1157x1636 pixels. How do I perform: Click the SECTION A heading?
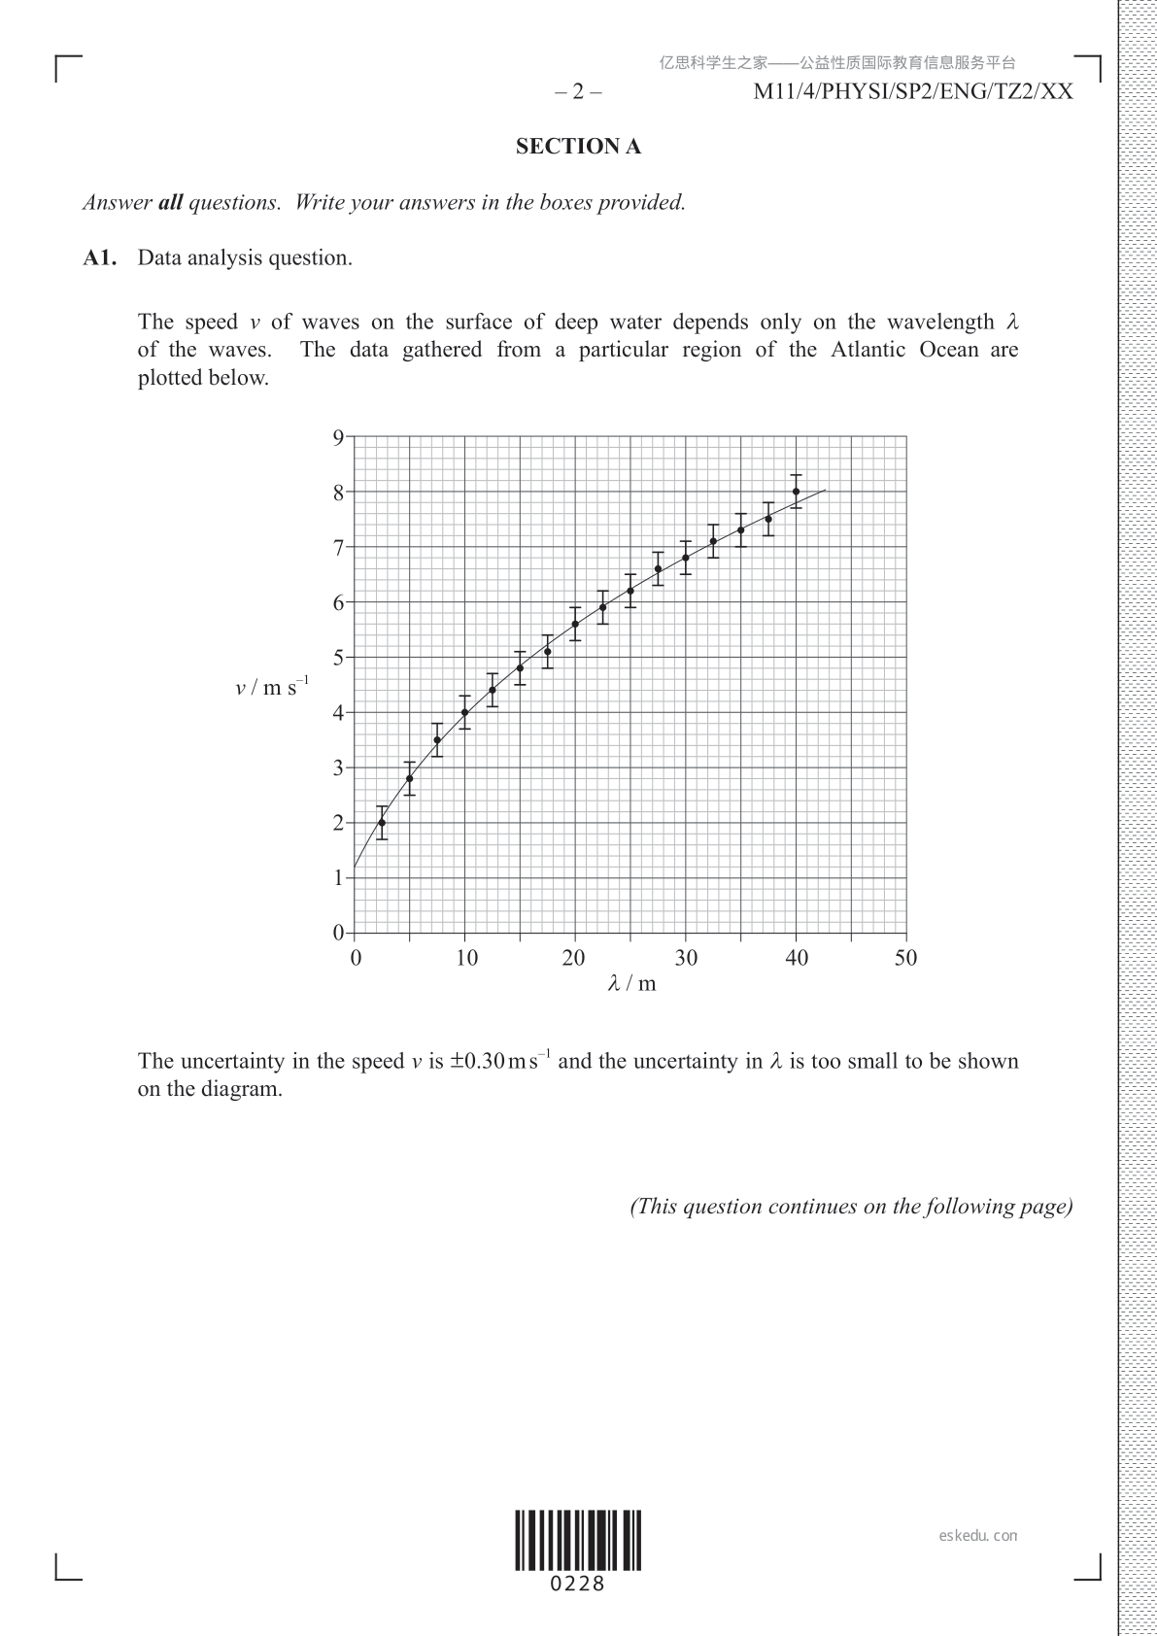pos(578,147)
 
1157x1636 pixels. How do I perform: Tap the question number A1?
pos(100,258)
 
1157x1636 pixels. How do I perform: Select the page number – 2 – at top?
pos(578,92)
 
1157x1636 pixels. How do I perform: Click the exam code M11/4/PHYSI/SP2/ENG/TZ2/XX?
pos(913,92)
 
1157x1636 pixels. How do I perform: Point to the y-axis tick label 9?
pos(338,437)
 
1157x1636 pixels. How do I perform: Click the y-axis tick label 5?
pos(338,658)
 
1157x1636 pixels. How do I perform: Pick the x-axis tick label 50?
pos(905,959)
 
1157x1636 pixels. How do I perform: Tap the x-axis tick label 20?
pos(574,959)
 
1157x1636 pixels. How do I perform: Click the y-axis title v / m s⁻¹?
pos(271,687)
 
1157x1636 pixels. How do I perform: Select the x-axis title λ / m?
pos(631,984)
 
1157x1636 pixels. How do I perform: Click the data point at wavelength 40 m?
pos(796,492)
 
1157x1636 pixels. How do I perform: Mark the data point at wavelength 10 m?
pos(464,712)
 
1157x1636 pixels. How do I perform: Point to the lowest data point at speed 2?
pos(382,823)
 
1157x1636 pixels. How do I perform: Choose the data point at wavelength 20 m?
pos(575,624)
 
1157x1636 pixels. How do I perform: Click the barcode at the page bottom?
pos(578,1540)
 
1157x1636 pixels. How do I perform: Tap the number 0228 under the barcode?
pos(578,1585)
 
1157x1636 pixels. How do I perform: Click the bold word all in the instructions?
pos(170,203)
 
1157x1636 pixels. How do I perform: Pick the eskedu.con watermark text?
pos(978,1536)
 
